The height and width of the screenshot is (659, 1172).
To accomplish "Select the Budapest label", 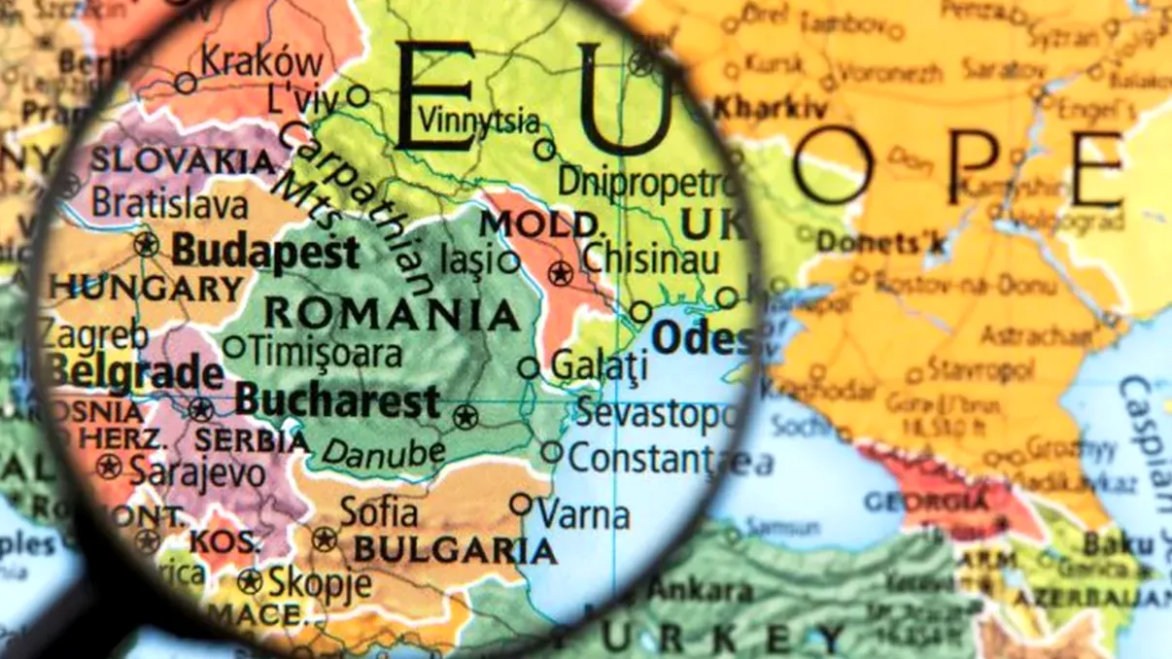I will (x=265, y=254).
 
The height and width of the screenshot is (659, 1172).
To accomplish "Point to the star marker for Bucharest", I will (x=465, y=418).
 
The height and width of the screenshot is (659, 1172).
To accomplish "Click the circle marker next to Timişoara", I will (x=234, y=347).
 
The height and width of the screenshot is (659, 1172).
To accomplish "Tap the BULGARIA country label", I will (x=455, y=550).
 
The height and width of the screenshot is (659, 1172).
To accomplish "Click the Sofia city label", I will (x=379, y=512).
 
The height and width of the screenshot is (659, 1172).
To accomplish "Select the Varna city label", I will (x=583, y=514).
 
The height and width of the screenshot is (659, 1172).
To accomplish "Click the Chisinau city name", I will (x=651, y=260).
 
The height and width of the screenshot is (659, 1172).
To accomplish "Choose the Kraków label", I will (x=261, y=62).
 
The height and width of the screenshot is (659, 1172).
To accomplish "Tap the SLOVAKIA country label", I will (x=183, y=160).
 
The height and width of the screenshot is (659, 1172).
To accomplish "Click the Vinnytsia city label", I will (x=478, y=121).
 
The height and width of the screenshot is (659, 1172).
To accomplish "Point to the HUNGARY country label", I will (x=147, y=289).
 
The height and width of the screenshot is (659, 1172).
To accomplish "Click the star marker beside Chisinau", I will (x=559, y=273).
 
